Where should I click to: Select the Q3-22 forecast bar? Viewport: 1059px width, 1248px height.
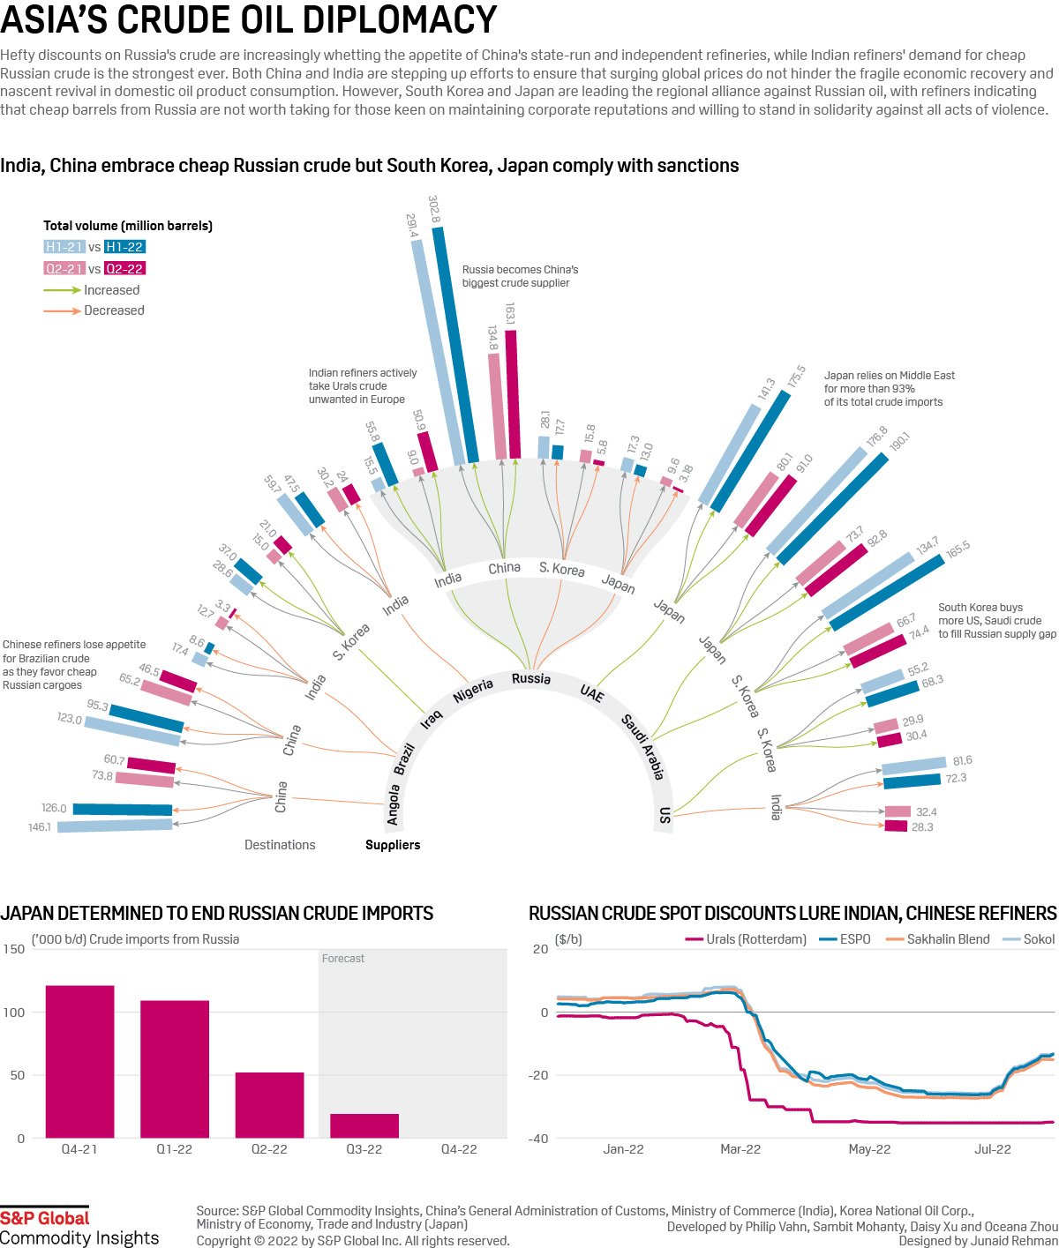point(364,1125)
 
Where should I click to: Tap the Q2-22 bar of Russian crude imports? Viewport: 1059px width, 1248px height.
point(269,1104)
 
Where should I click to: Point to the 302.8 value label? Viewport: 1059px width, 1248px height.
point(433,209)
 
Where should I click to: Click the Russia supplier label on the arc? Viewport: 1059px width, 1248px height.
point(531,678)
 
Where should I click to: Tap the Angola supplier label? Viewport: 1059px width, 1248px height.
point(393,805)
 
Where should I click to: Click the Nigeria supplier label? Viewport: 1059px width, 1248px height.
point(473,691)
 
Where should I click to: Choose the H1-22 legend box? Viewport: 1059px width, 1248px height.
point(124,247)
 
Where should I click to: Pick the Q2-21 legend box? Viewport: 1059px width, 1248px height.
point(64,268)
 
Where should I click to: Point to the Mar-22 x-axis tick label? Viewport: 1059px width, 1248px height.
point(740,1149)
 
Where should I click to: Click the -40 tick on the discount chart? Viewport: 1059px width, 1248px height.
point(538,1139)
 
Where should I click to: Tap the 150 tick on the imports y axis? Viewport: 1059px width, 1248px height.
point(14,949)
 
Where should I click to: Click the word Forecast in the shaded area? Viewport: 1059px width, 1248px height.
point(342,959)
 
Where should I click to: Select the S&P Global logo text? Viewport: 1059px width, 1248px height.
point(45,1218)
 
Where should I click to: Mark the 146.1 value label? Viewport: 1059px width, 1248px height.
point(40,827)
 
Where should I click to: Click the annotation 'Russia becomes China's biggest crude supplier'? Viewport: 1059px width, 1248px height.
point(520,276)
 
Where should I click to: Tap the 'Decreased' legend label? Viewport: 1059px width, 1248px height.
point(114,310)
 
